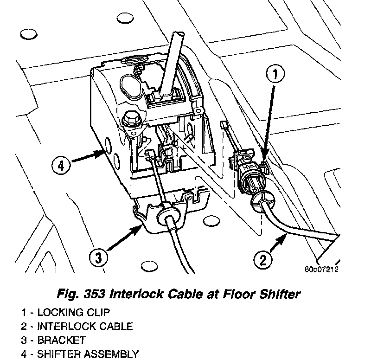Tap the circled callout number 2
262,259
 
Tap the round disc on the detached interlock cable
262,203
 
